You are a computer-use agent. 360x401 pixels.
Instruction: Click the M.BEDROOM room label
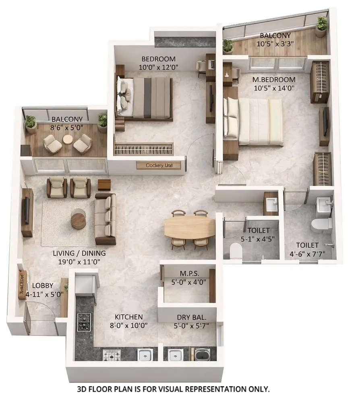(x=275, y=79)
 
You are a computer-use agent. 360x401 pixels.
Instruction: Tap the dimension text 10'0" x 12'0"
(x=158, y=67)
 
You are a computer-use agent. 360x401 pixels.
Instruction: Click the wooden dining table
(x=189, y=227)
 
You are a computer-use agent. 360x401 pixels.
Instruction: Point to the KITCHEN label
(x=128, y=317)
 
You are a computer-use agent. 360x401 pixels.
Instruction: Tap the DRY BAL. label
(x=189, y=317)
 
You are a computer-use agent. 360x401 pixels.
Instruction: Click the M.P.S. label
(x=187, y=274)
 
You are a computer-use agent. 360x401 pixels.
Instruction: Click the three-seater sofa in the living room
(x=106, y=219)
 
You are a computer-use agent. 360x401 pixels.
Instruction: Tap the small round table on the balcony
(x=68, y=139)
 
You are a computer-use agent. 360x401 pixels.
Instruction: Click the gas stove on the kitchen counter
(x=84, y=322)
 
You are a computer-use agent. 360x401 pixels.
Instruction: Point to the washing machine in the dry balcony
(x=202, y=354)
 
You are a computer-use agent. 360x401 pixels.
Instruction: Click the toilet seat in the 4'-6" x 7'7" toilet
(x=321, y=225)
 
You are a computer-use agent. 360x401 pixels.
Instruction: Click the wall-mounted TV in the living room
(x=27, y=211)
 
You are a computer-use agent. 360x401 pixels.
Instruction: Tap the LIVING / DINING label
(x=79, y=253)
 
